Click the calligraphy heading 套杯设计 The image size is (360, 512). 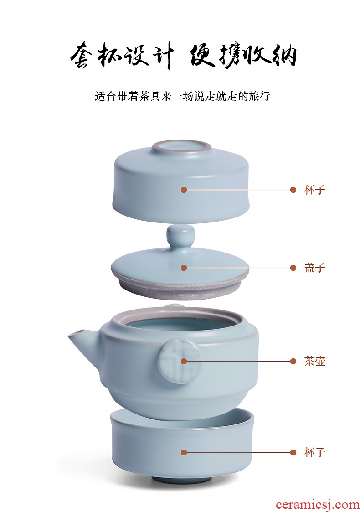121,56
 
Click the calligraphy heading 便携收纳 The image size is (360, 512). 243,56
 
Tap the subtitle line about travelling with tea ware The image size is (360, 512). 182,96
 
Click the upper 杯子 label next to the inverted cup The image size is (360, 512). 314,190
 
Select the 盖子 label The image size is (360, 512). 314,268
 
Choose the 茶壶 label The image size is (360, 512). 314,361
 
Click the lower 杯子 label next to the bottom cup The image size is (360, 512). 314,452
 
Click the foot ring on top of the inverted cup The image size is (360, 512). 182,149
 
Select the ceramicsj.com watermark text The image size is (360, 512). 317,505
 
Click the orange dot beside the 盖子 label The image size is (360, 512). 293,268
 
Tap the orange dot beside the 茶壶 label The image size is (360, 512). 293,361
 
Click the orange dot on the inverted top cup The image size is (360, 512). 184,190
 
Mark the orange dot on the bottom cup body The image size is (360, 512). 184,452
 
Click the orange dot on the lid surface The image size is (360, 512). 184,268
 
